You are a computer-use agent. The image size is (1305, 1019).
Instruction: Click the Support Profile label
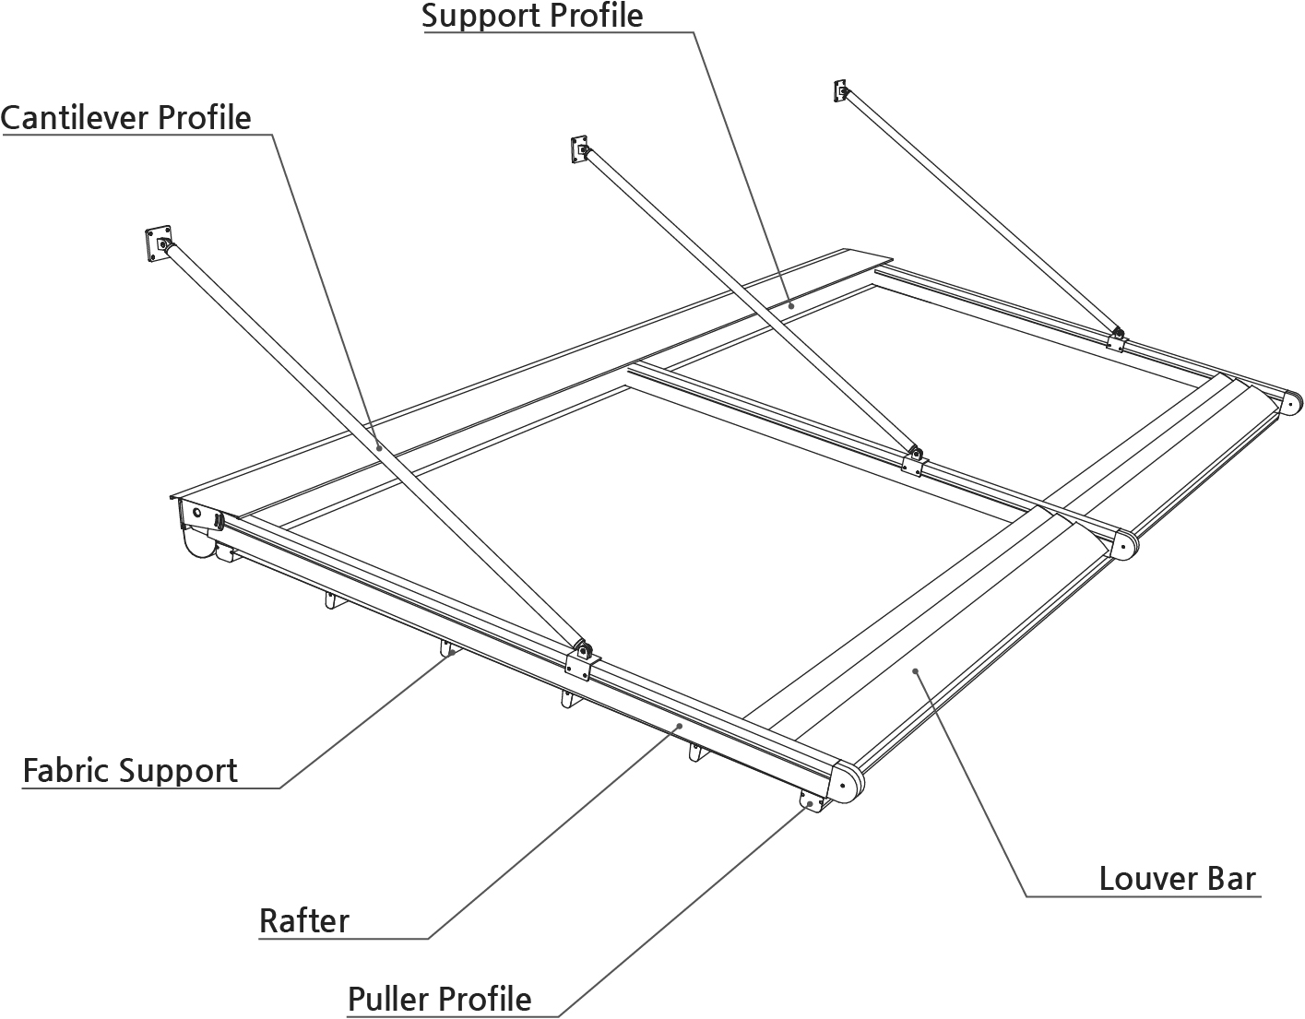point(532,16)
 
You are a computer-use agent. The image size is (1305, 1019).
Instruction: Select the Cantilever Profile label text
point(126,118)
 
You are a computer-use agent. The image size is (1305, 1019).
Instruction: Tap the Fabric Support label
point(130,770)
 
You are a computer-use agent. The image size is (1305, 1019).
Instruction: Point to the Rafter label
point(304,920)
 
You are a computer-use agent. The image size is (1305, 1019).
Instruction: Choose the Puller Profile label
point(439,999)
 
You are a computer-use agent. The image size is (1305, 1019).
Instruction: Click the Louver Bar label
point(1177,878)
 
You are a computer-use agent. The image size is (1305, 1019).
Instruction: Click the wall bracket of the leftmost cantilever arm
point(159,245)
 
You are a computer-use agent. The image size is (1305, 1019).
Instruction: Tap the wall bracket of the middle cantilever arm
point(579,148)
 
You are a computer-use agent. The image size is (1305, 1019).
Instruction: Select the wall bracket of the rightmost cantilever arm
point(840,90)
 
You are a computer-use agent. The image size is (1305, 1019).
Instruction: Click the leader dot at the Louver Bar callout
point(915,671)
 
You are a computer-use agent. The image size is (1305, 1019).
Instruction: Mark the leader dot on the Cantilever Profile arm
point(379,446)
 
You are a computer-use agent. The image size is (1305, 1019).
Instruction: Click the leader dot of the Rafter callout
point(680,727)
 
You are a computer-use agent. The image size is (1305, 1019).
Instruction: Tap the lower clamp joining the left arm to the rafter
point(582,658)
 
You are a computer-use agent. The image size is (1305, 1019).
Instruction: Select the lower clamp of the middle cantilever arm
point(913,460)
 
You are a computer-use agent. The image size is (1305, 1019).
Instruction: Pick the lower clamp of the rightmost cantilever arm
point(1117,338)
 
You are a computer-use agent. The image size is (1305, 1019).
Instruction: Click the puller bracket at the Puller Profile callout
point(812,802)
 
